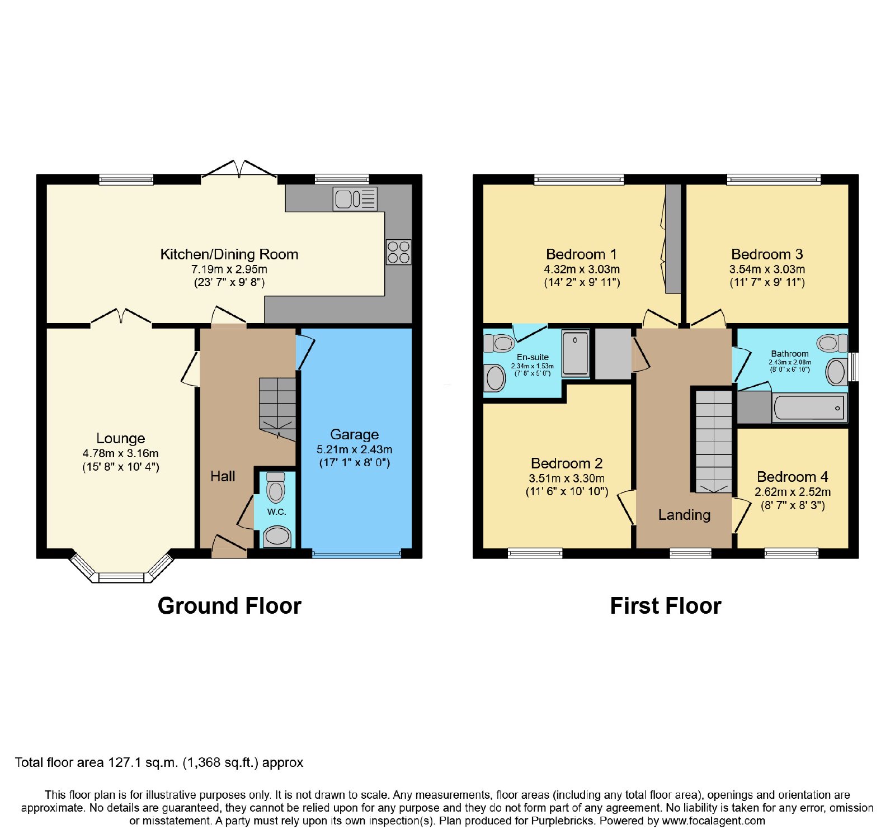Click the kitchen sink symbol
[x=355, y=198]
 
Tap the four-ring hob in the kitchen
[x=398, y=252]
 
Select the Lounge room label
[x=121, y=438]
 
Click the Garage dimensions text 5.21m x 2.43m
[x=355, y=449]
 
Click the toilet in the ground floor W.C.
[x=275, y=487]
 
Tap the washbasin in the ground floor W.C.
[x=277, y=537]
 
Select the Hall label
[x=223, y=476]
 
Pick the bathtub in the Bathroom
[x=808, y=408]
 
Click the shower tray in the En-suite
[x=576, y=353]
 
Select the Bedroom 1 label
[x=582, y=254]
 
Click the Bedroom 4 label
[x=792, y=477]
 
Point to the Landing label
[x=684, y=515]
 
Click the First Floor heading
[x=666, y=606]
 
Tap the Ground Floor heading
[x=229, y=606]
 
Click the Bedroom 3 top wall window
[x=774, y=179]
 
